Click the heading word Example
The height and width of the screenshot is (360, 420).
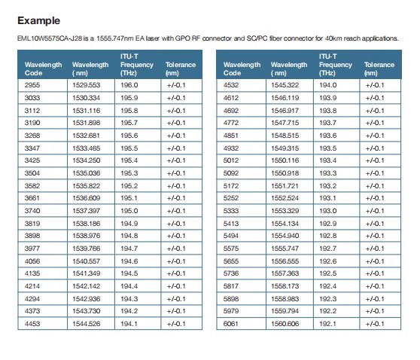pyautogui.click(x=39, y=20)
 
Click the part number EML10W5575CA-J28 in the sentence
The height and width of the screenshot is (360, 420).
pyautogui.click(x=50, y=38)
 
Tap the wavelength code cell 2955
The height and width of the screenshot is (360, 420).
pyautogui.click(x=32, y=85)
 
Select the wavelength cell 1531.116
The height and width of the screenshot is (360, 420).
pyautogui.click(x=87, y=111)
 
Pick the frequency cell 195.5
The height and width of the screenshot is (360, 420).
pyautogui.click(x=129, y=148)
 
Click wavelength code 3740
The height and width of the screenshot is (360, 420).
pyautogui.click(x=32, y=211)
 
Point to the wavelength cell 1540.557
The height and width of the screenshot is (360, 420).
pyautogui.click(x=87, y=261)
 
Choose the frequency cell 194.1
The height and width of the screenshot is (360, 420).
pyautogui.click(x=129, y=324)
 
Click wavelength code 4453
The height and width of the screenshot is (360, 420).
pyautogui.click(x=32, y=324)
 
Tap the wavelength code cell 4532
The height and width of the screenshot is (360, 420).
pyautogui.click(x=231, y=85)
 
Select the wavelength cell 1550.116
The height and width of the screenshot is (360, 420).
pyautogui.click(x=285, y=160)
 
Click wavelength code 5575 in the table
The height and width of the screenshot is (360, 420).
pyautogui.click(x=231, y=249)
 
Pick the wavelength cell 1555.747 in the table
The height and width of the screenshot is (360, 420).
pyautogui.click(x=285, y=249)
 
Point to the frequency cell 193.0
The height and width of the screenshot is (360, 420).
pyautogui.click(x=328, y=211)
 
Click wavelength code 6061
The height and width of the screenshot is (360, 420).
pyautogui.click(x=231, y=324)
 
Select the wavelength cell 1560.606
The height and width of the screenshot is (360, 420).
pyautogui.click(x=285, y=324)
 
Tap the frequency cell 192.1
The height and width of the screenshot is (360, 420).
pyautogui.click(x=327, y=324)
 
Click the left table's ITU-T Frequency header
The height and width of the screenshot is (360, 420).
pyautogui.click(x=137, y=65)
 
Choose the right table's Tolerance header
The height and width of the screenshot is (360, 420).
pyautogui.click(x=379, y=69)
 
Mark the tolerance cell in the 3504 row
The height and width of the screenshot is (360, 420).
pyautogui.click(x=176, y=173)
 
